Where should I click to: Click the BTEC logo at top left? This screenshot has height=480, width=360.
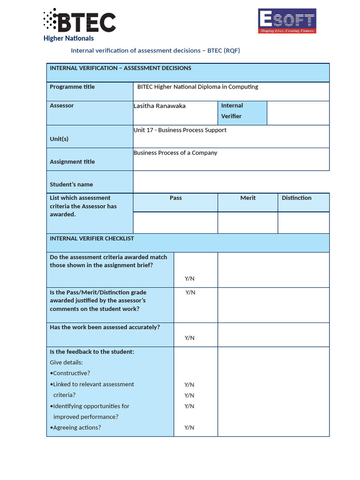[x=80, y=21]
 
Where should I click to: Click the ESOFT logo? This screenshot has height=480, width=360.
[x=287, y=21]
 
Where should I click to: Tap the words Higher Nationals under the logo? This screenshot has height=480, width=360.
[x=68, y=38]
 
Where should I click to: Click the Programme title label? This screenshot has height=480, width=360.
[x=72, y=87]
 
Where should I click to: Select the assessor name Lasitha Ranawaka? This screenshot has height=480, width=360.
[x=159, y=106]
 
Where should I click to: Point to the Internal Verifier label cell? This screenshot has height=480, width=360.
[x=242, y=111]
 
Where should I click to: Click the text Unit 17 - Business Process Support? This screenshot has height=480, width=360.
[x=180, y=130]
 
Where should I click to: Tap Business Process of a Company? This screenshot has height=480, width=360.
[x=175, y=153]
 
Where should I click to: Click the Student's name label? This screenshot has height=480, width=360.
[x=71, y=184]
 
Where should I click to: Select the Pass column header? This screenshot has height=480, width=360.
[x=176, y=198]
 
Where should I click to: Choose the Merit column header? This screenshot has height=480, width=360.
[x=248, y=198]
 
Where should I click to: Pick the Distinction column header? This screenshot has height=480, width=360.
[x=297, y=198]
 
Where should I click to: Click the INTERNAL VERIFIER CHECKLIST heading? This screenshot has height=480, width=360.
[x=92, y=238]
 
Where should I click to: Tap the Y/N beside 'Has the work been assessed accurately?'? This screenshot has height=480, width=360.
[x=189, y=337]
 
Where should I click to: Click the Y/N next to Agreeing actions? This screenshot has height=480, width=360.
[x=189, y=427]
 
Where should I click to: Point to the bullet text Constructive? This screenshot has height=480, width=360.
[x=71, y=373]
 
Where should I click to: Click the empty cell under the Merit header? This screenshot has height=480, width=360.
[x=247, y=223]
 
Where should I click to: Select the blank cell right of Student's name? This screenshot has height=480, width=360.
[x=231, y=182]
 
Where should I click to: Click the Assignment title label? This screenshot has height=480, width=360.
[x=72, y=162]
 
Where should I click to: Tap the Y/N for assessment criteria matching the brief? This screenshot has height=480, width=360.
[x=189, y=278]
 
